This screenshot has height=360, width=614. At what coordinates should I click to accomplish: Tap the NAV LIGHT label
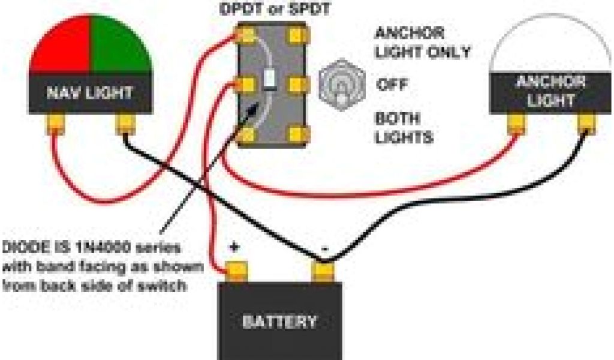click(90, 93)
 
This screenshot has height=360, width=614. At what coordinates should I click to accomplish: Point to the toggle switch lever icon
click(340, 85)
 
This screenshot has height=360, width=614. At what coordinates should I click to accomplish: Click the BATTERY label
click(279, 322)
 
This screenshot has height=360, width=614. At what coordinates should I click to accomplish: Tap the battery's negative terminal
click(324, 271)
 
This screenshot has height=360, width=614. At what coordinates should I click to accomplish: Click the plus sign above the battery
click(234, 247)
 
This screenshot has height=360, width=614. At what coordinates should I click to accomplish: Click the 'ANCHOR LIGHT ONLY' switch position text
click(422, 42)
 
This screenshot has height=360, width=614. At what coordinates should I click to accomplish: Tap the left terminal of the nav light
click(55, 125)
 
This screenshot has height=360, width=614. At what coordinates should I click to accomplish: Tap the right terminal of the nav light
click(125, 125)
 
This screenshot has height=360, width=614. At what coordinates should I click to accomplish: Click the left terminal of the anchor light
click(516, 124)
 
